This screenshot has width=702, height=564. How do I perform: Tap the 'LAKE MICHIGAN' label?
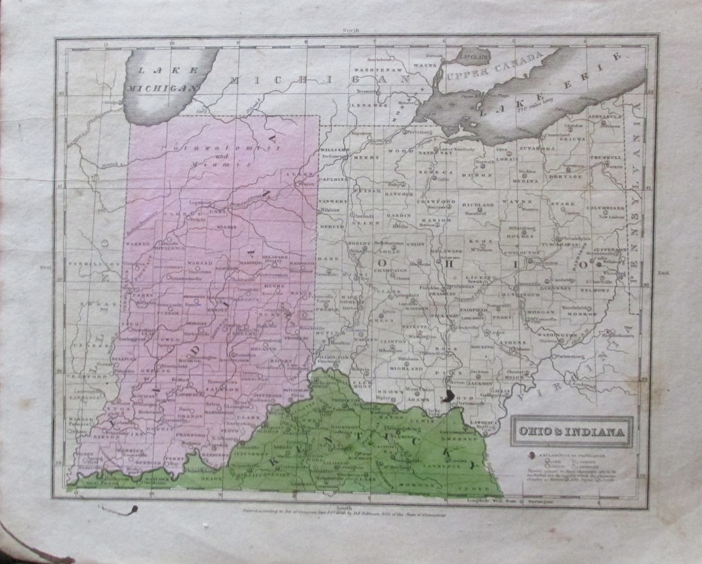(162, 80)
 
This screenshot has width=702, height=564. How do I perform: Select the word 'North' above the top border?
(351, 31)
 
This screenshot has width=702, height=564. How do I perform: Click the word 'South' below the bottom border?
(350, 505)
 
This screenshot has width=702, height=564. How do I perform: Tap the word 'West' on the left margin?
(45, 268)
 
